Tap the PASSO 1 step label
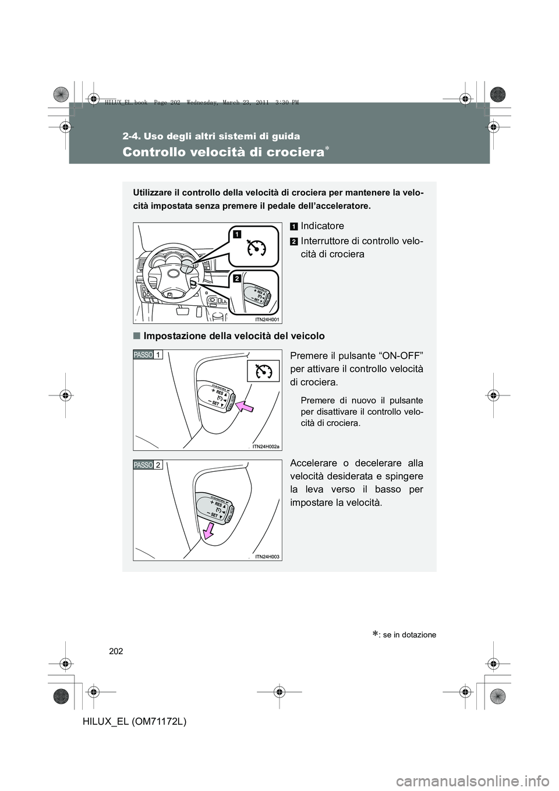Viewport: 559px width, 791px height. click(x=147, y=355)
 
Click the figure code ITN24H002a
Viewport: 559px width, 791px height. click(x=266, y=446)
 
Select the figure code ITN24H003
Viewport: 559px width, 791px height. click(x=267, y=556)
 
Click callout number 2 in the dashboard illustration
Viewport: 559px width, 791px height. click(x=237, y=279)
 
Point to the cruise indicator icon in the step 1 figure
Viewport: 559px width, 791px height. click(x=263, y=370)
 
